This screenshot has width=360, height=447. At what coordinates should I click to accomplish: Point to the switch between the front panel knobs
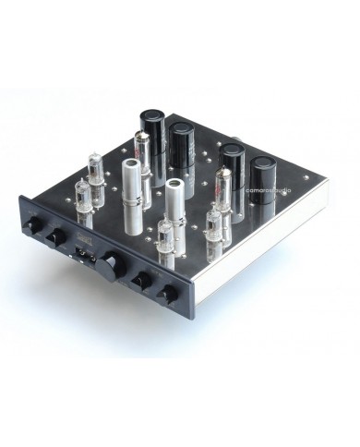(x=84, y=248)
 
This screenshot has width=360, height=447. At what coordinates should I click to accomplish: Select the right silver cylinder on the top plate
(x=173, y=208)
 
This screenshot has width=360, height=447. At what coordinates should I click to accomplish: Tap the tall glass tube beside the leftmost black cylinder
(x=138, y=152)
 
